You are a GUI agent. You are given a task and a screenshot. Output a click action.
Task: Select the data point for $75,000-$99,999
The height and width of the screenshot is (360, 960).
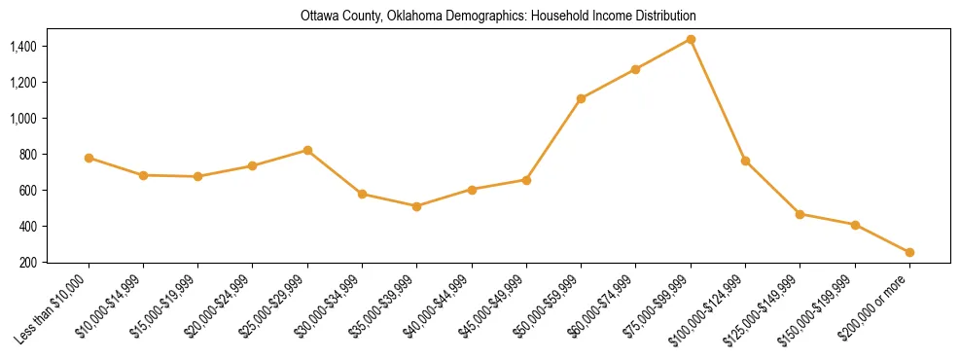691,39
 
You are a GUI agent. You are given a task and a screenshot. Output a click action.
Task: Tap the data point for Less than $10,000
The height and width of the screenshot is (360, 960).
89,158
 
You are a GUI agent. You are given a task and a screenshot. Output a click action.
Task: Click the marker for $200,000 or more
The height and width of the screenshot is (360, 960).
909,252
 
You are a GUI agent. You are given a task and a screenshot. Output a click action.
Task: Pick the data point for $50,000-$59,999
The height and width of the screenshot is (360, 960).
581,98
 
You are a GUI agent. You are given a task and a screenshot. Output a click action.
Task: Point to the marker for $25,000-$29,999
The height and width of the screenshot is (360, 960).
307,150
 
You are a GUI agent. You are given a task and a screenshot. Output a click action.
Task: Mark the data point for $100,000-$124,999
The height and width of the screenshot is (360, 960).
745,161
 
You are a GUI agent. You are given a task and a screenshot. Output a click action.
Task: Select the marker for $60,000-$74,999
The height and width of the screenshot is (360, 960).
635,69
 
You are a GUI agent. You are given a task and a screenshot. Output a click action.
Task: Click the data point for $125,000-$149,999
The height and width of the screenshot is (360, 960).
800,214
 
